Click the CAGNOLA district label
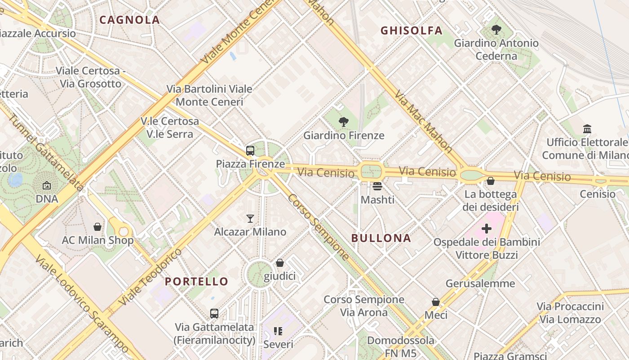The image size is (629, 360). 129,20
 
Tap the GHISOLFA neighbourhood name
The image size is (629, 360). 412,31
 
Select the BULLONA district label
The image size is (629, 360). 381,238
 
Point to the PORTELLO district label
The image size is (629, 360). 196,282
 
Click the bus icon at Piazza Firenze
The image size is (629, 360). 250,151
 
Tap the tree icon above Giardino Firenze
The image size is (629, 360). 344,121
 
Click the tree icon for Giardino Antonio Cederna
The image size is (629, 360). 496,30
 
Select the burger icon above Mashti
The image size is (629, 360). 377,186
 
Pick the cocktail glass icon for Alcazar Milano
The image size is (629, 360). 250,219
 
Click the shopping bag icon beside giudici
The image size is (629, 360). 279,263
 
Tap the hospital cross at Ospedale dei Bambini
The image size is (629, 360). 486,229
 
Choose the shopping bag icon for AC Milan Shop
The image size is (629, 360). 97,227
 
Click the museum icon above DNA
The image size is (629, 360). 47,185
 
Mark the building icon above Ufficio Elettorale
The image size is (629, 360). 587,129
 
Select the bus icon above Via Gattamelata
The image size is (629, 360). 214,313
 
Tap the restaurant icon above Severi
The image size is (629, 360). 278,331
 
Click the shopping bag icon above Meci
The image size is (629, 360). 435,301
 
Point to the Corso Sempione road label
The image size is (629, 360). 319,227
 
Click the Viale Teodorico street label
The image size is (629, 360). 150,276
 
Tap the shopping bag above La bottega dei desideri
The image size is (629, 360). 490,181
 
